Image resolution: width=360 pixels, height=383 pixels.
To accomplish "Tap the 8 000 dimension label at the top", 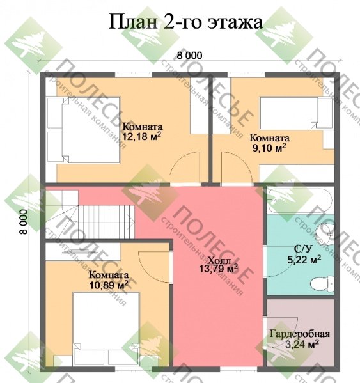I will coord(189,56).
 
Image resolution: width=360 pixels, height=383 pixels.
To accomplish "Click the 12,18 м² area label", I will coord(141,136).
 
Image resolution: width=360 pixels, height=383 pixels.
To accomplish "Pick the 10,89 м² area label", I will coord(109,283).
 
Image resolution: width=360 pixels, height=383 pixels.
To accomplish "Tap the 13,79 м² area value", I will coord(219,269).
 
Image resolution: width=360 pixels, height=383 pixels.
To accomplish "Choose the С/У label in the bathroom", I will coord(303,249).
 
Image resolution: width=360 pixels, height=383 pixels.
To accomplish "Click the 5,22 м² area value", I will coord(303,260).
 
